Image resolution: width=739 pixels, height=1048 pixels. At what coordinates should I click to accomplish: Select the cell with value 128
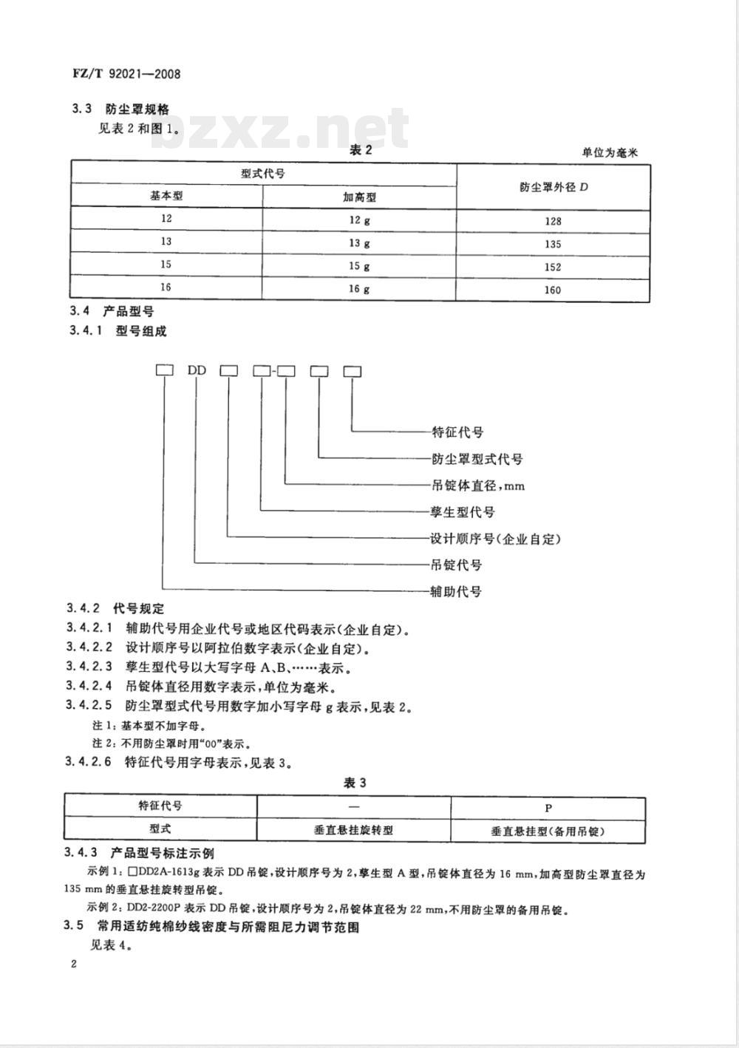552,221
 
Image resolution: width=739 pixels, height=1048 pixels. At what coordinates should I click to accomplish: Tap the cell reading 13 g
359,243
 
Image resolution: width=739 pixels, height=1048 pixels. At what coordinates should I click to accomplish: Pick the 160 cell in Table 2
552,290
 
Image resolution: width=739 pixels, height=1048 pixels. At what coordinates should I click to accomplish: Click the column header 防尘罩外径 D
554,187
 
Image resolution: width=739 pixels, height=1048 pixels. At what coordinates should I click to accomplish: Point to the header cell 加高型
359,197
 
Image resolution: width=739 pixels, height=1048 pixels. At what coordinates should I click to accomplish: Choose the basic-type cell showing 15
166,265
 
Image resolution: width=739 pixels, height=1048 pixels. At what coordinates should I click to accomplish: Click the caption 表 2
361,151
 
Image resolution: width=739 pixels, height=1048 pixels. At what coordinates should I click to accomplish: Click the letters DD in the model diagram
197,370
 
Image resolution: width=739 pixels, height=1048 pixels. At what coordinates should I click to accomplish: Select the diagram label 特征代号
457,432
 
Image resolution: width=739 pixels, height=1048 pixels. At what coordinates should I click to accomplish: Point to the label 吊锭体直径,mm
477,486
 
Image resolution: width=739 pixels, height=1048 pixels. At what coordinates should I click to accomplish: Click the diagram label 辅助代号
457,591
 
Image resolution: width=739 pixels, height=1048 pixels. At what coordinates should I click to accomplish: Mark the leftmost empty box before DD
164,370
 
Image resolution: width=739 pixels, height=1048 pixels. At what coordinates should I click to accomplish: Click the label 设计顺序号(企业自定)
495,539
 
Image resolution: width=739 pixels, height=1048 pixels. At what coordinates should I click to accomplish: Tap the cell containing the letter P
548,808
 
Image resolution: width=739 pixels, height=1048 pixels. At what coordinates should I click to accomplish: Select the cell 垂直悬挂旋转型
353,830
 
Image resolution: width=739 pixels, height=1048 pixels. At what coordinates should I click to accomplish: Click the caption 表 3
355,783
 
